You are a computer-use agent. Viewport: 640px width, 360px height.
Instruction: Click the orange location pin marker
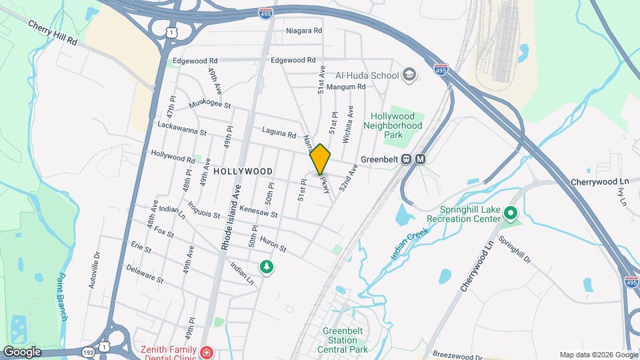coord(320,159)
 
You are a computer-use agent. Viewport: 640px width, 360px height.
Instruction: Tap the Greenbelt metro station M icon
coord(421,159)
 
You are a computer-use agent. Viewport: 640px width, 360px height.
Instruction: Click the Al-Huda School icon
coord(409,75)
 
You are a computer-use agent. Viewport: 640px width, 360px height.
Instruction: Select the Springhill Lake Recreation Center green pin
coord(511,213)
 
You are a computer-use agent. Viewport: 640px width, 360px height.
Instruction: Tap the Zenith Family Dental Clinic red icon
coord(207,351)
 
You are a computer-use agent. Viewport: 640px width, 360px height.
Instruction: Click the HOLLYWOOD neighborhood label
coord(243,171)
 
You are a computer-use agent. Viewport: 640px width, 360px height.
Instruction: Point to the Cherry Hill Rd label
coord(53,31)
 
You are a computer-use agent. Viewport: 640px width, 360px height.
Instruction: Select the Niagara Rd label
coord(304,31)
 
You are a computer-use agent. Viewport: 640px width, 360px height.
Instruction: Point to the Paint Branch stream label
coord(63,297)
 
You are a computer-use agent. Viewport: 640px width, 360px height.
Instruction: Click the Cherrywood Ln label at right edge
coord(600,182)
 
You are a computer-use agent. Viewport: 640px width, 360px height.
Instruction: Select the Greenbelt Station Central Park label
coord(345,340)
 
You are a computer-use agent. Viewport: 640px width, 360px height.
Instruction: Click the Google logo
coord(22,352)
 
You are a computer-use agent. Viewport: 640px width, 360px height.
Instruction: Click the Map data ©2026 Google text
coord(597,355)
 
